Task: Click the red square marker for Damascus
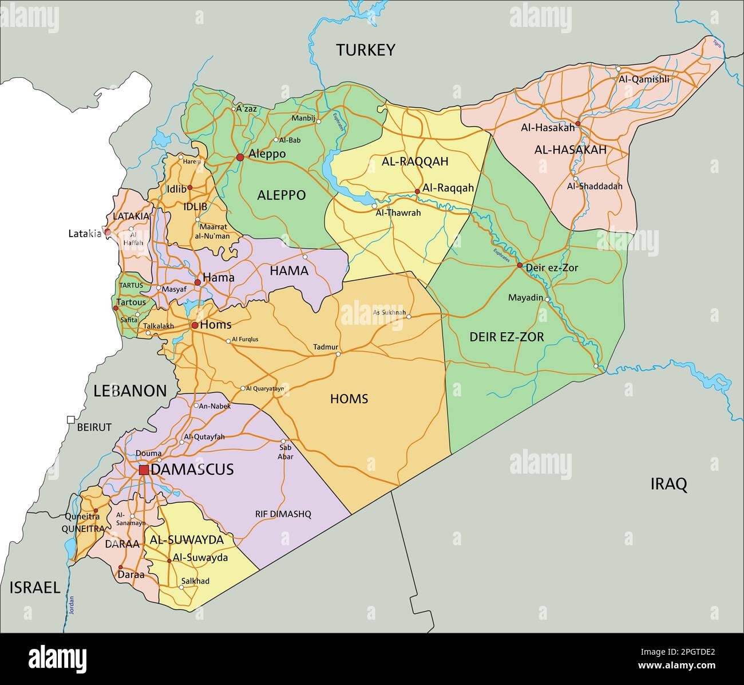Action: click(144, 470)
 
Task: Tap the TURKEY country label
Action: click(365, 50)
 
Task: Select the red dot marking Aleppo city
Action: click(240, 157)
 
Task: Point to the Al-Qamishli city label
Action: click(643, 80)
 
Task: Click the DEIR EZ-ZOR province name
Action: click(506, 337)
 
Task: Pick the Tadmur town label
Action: click(326, 347)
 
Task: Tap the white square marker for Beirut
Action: click(71, 420)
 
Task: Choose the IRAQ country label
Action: click(668, 485)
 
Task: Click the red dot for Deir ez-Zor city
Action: click(520, 265)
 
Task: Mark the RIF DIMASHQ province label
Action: click(283, 514)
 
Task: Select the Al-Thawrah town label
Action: click(398, 213)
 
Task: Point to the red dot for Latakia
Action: click(107, 233)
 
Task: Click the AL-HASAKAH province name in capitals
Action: click(570, 150)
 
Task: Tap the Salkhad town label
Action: click(195, 581)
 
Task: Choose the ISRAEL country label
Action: click(34, 588)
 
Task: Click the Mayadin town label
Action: click(525, 298)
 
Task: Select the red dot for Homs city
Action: click(195, 325)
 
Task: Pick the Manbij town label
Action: click(303, 118)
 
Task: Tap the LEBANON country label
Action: click(130, 391)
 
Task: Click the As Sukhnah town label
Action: click(389, 313)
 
